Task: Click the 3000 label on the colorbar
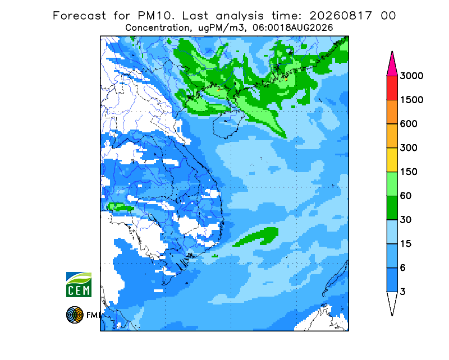[411, 76]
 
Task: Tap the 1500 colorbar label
[411, 100]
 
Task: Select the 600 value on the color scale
[409, 124]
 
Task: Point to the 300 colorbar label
[409, 148]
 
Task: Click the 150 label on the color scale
[409, 172]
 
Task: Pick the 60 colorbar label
[406, 196]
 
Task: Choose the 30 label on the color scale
[406, 220]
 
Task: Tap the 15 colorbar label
[406, 244]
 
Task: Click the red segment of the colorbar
[392, 88]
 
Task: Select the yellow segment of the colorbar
[392, 160]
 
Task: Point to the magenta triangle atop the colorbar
[392, 65]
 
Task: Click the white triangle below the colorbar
[392, 303]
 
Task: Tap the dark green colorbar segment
[392, 208]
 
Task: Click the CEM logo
[79, 284]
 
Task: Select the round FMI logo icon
[75, 315]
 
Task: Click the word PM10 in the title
[156, 16]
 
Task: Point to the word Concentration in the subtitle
[158, 28]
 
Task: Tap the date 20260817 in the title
[341, 16]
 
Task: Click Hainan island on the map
[228, 124]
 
